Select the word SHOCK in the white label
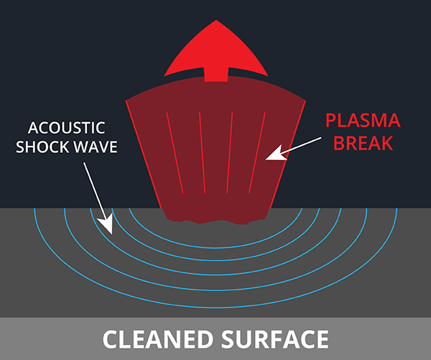pos(45,147)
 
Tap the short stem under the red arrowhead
pos(216,73)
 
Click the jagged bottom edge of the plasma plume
pos(215,217)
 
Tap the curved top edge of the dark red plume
pos(216,80)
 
